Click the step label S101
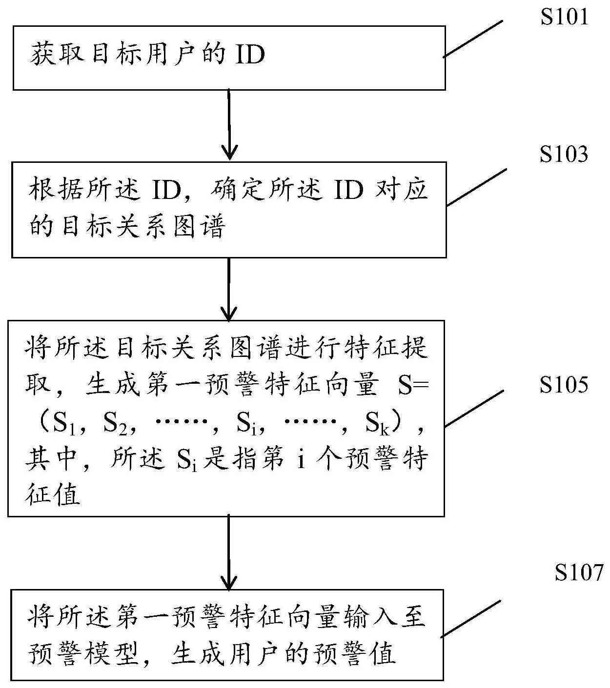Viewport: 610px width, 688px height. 564,18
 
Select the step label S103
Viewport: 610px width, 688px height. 564,155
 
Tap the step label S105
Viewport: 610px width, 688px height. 564,385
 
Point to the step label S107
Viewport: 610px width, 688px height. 579,573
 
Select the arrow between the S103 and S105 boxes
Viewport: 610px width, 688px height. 229,288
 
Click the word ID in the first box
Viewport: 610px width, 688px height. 250,54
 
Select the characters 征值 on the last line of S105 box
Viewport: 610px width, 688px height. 53,495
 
